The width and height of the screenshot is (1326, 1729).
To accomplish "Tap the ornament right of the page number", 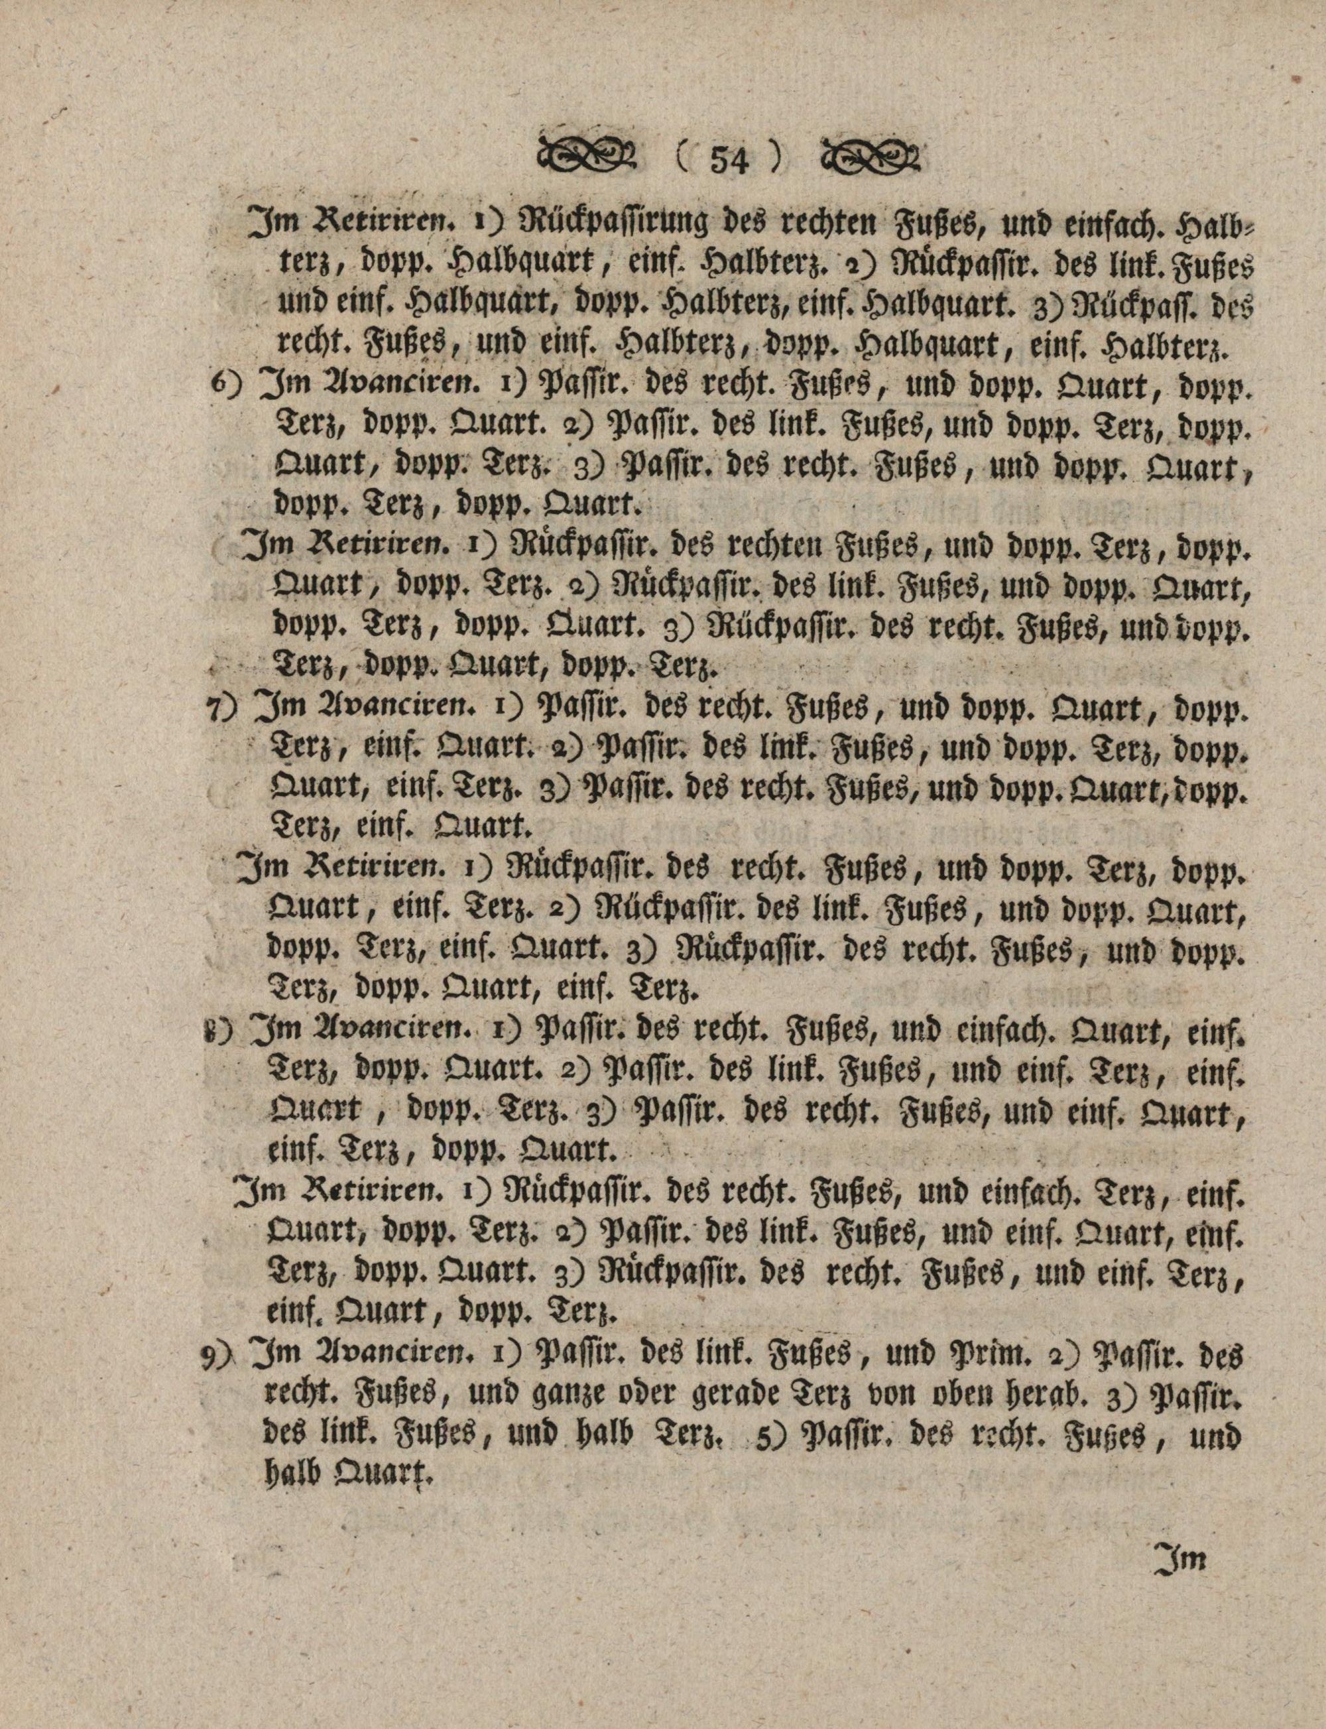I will (x=871, y=158).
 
